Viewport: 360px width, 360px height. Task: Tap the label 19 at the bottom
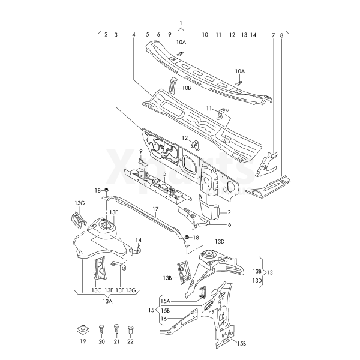83,341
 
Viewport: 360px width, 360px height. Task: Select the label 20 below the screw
101,341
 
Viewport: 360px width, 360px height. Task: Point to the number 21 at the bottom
117,341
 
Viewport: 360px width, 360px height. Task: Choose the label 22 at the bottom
131,341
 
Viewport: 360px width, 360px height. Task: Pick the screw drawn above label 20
101,327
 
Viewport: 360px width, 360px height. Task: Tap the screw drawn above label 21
117,327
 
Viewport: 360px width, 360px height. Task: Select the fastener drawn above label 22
131,328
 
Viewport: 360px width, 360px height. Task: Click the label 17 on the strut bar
154,209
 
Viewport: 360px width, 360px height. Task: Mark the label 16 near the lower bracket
163,319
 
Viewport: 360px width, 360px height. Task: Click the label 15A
165,301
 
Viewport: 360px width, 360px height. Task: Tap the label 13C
95,290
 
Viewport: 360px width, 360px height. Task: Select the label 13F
119,290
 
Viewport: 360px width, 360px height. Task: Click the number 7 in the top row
273,35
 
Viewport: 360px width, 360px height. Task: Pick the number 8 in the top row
281,35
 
